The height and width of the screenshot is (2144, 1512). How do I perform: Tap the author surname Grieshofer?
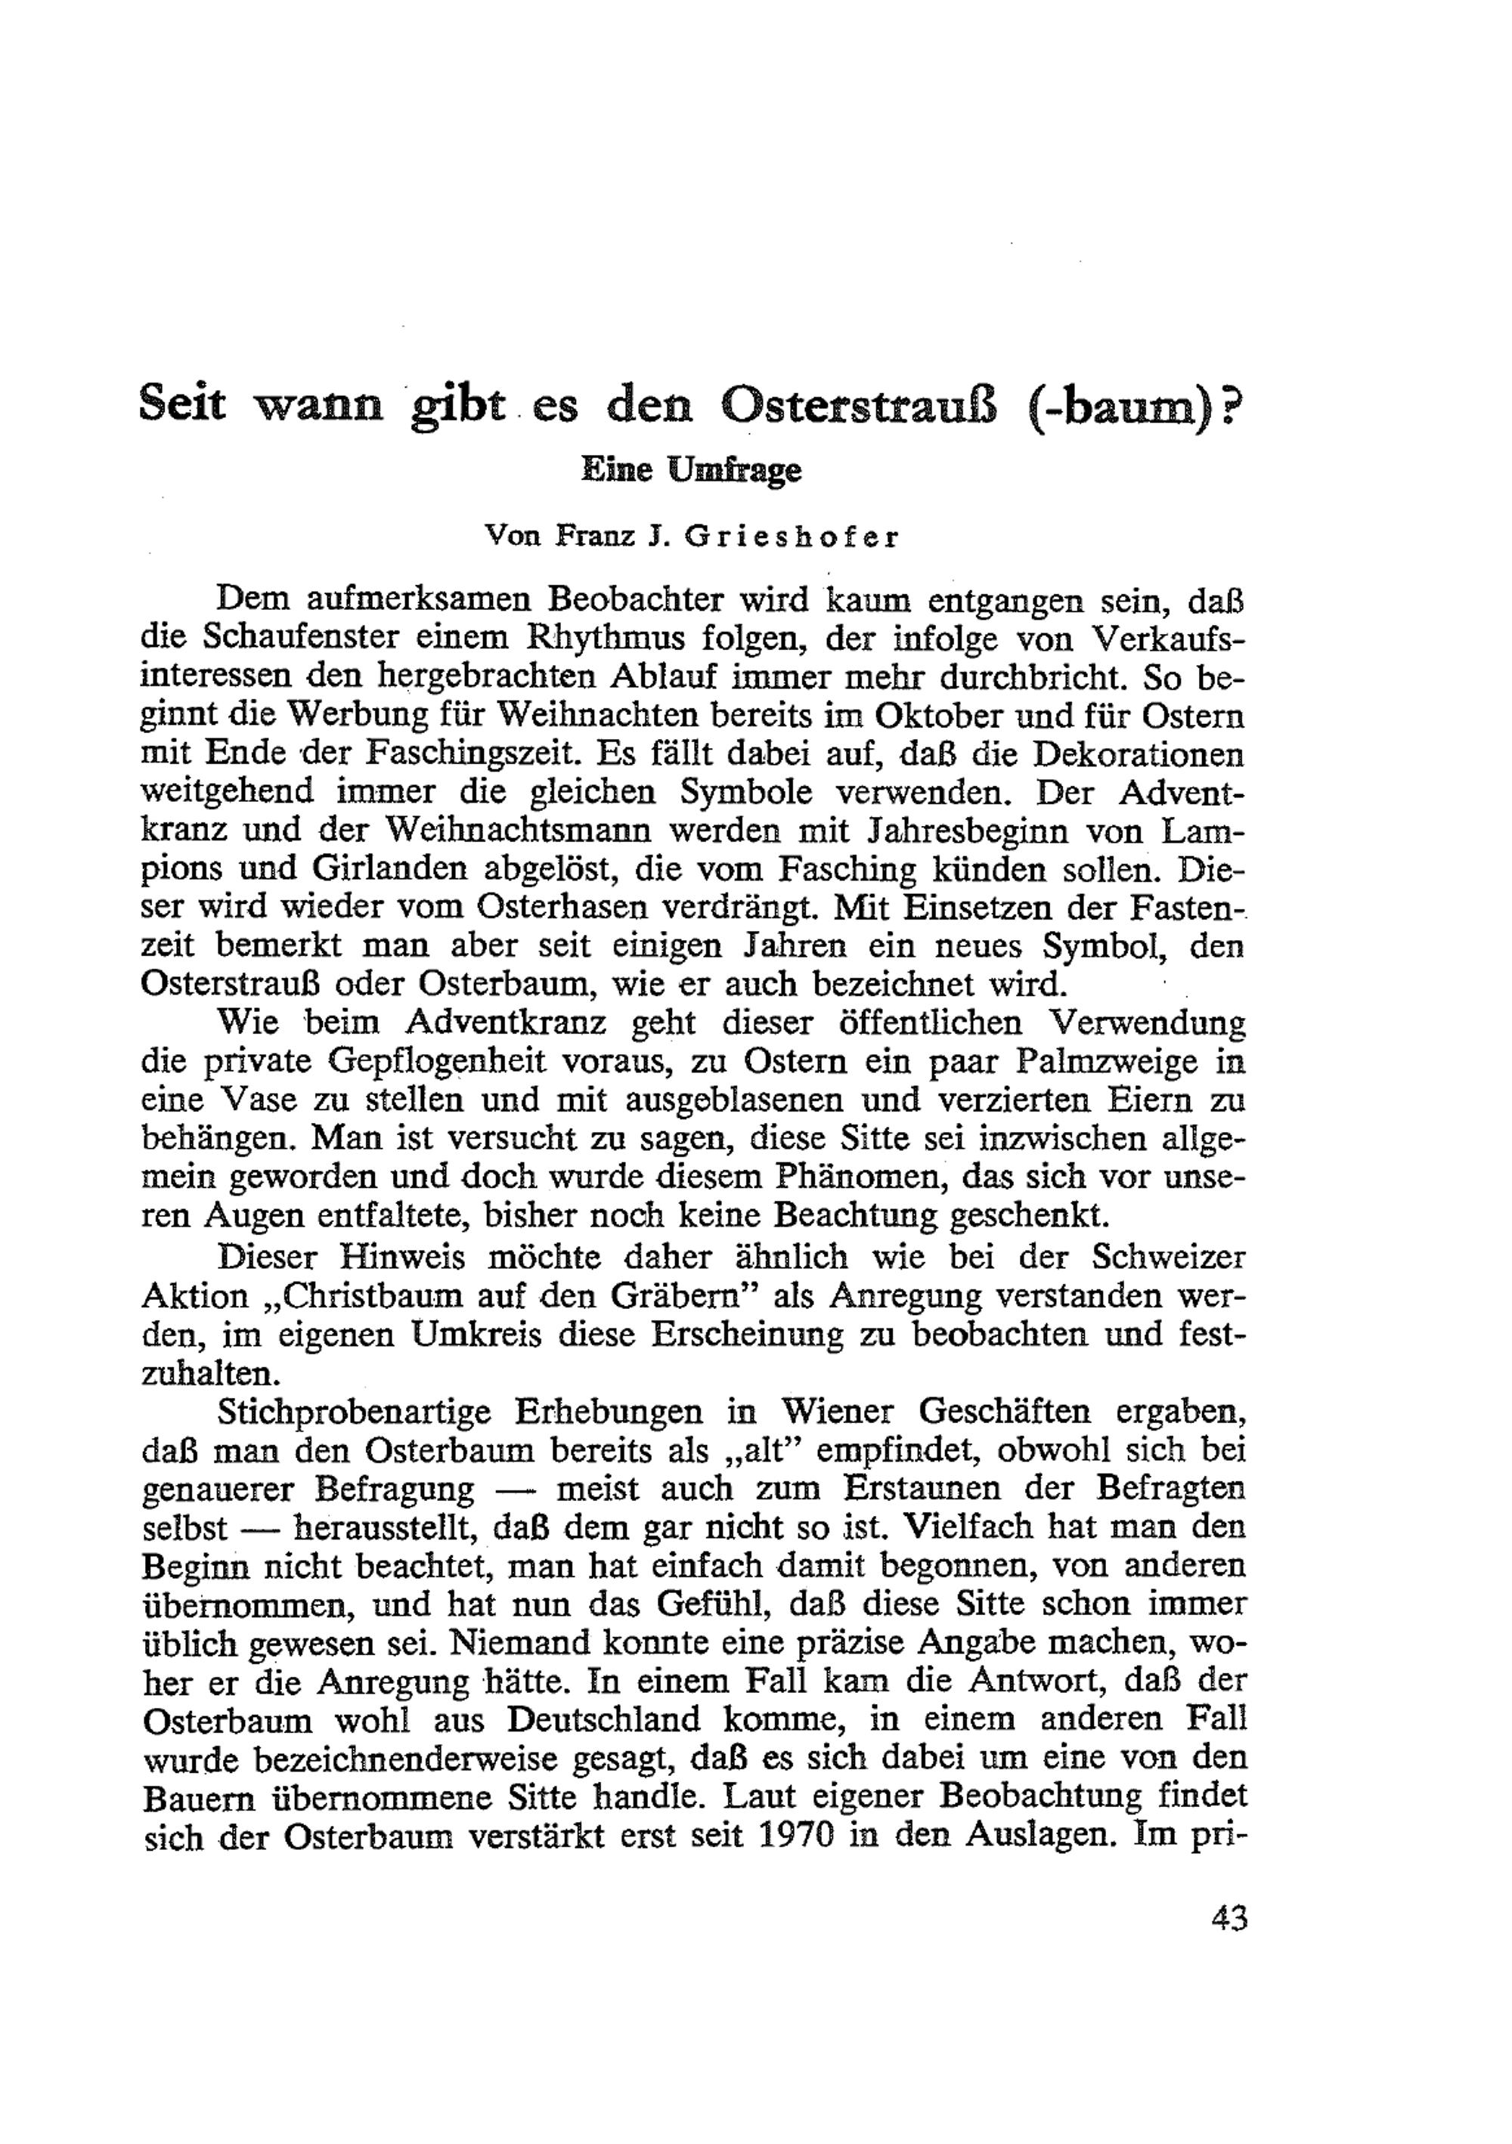point(790,539)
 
